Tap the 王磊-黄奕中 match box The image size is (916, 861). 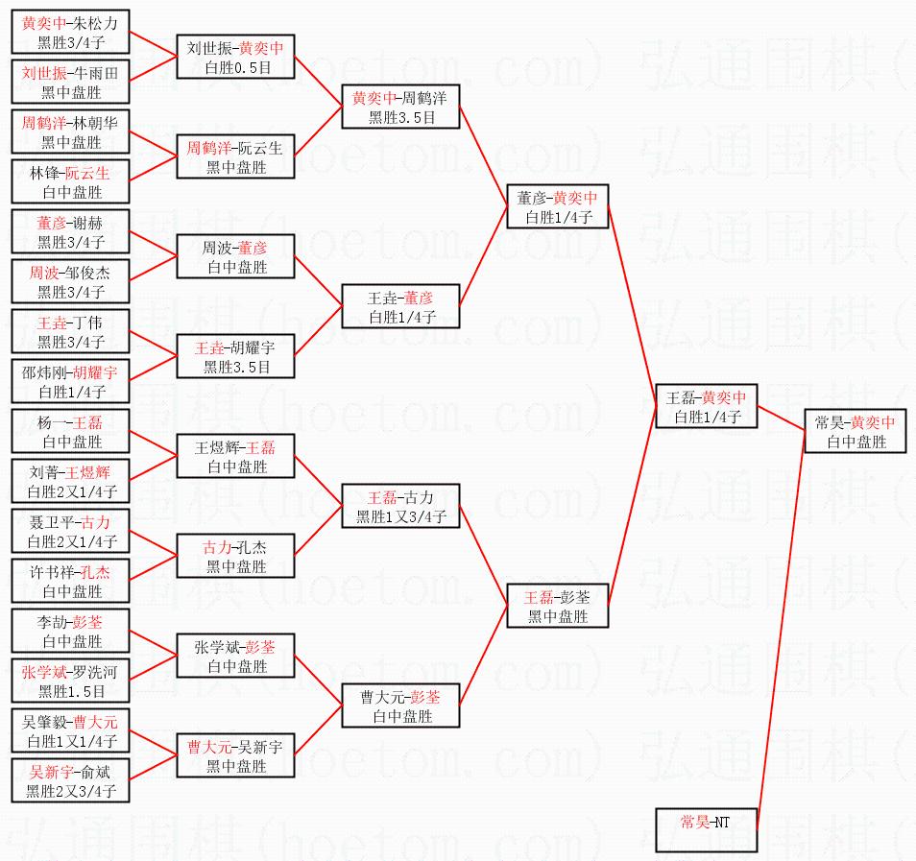[x=706, y=407]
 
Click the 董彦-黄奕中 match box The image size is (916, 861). [x=558, y=207]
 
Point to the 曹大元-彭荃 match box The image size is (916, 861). [x=401, y=706]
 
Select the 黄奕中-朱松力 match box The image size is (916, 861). [x=71, y=33]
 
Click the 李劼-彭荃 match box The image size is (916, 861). [x=71, y=632]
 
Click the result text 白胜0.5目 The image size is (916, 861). [x=236, y=67]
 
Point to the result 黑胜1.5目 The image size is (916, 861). [x=71, y=692]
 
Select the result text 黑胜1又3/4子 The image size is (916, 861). [x=401, y=517]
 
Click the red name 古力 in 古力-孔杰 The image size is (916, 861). [x=217, y=547]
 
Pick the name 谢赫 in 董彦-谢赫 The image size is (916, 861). [x=91, y=223]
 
